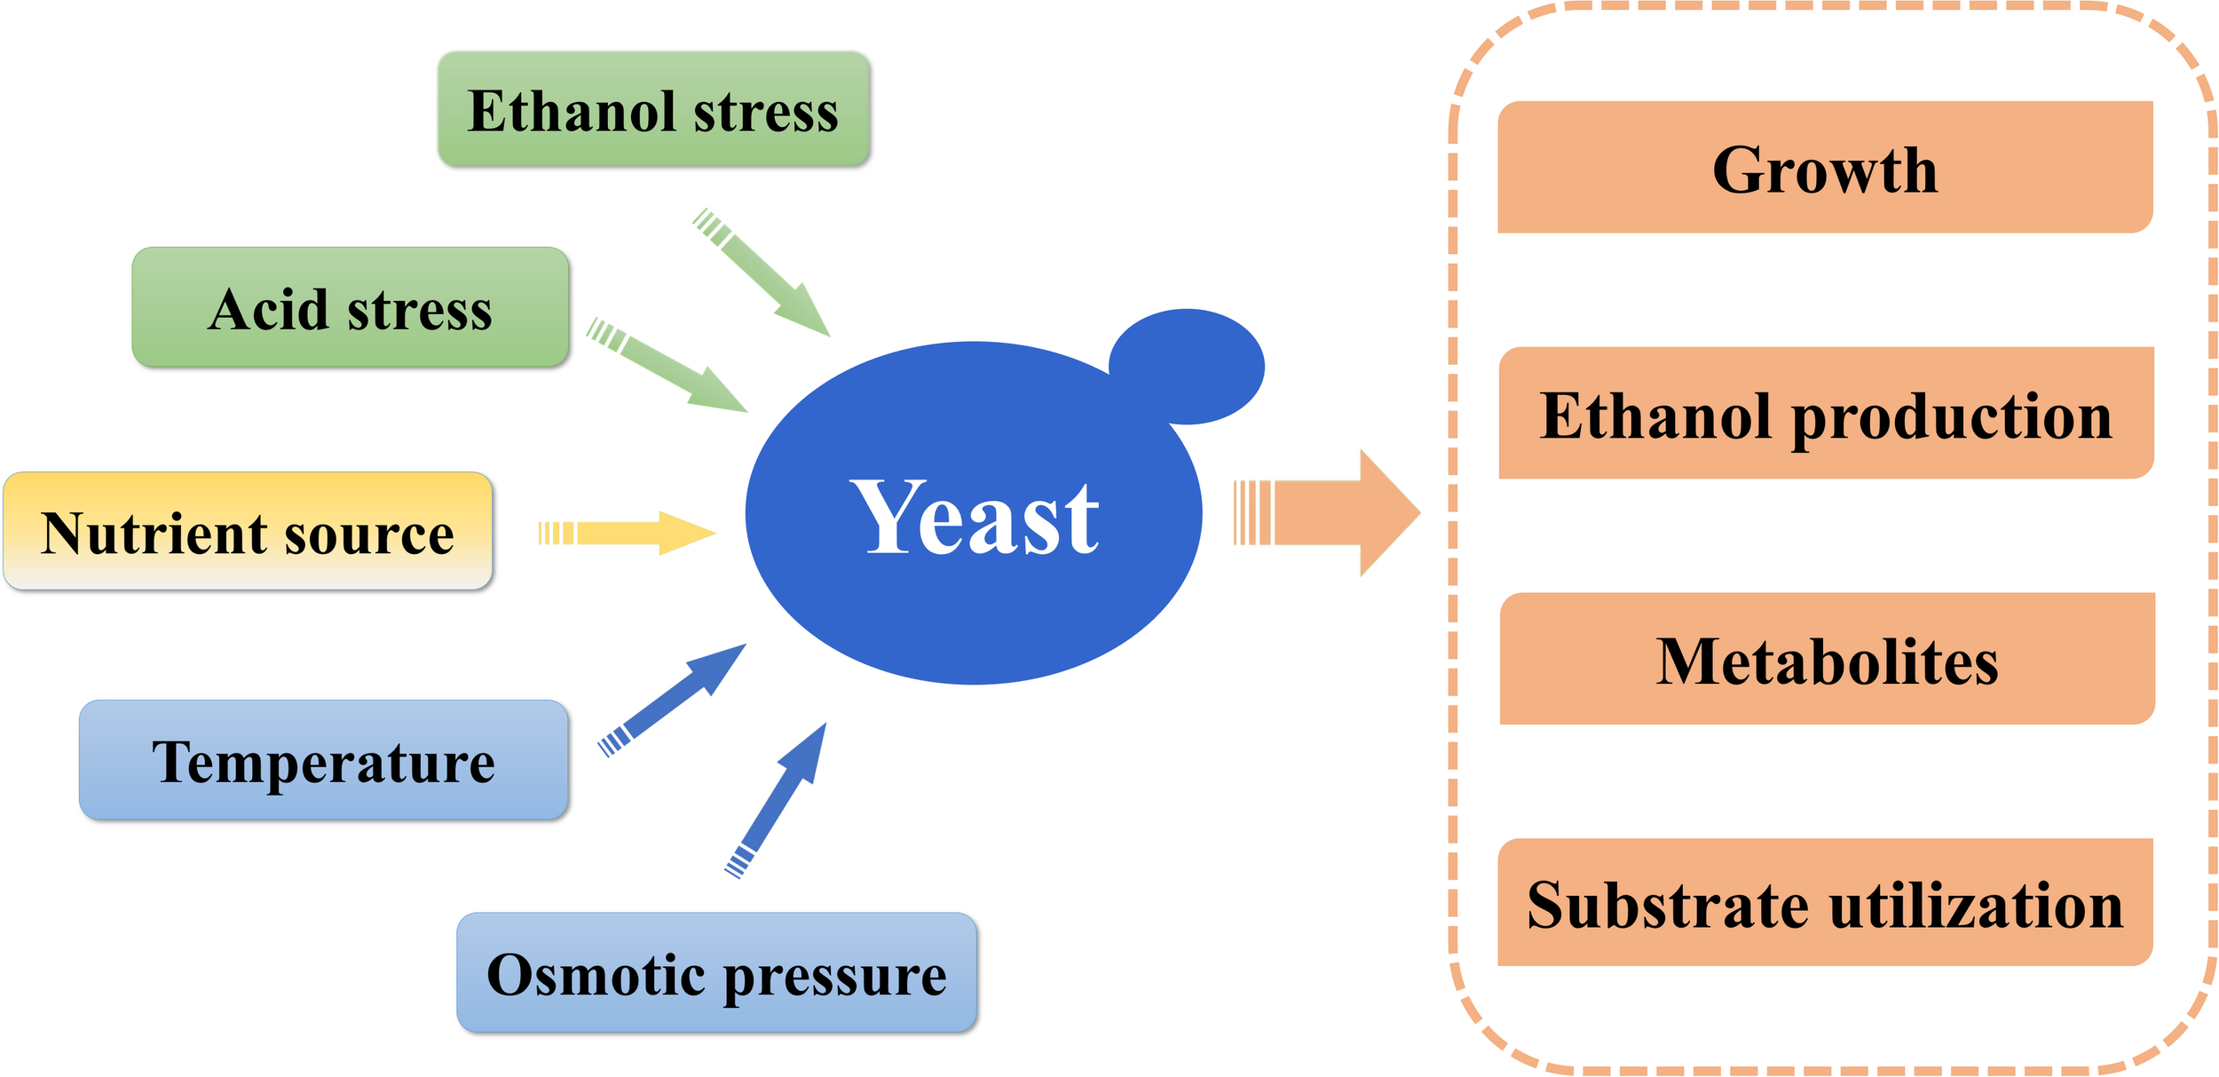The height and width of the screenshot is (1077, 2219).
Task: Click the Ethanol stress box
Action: [x=653, y=109]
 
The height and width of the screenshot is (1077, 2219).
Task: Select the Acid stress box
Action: [x=351, y=307]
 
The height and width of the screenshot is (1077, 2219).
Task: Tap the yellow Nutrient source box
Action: [x=248, y=531]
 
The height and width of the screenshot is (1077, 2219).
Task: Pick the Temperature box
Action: [x=323, y=760]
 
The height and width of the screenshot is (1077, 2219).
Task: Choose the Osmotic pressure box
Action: [x=716, y=972]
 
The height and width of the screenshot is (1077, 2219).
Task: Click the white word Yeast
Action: [x=975, y=517]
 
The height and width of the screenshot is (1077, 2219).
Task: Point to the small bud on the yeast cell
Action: [x=1188, y=366]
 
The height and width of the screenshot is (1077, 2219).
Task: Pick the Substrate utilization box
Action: [x=1825, y=903]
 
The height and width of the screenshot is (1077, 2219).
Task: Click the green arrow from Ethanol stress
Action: [x=764, y=274]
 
